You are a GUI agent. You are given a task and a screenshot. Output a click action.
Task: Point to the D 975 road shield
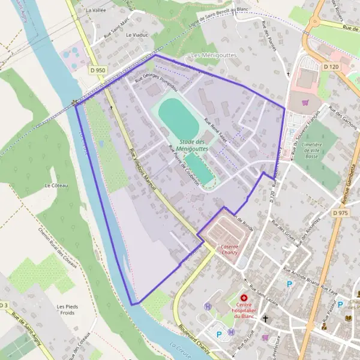[340, 213]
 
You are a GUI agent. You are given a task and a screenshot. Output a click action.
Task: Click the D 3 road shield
[4, 305]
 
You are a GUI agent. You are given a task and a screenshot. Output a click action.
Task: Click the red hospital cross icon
[244, 298]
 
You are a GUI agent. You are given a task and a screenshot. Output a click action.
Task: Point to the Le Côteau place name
[56, 186]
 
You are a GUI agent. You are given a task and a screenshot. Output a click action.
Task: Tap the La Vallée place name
[96, 10]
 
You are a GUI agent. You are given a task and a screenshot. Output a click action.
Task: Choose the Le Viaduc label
[136, 35]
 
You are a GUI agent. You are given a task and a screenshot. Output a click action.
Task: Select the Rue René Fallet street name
[215, 127]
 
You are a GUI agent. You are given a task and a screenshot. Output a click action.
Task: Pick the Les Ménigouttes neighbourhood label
[214, 55]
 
